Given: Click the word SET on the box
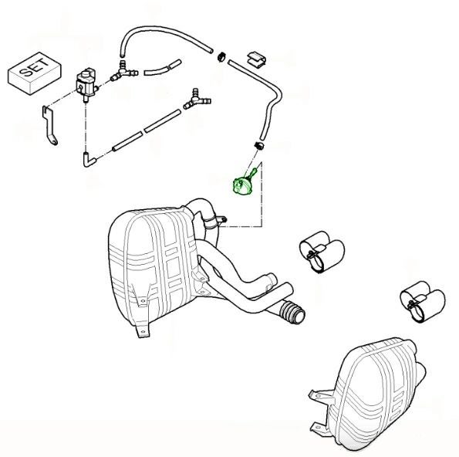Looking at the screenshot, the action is (33, 67).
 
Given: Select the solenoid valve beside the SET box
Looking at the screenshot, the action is (86, 85).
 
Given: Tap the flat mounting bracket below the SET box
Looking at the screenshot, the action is (49, 125).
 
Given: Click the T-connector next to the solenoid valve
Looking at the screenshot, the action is (123, 72).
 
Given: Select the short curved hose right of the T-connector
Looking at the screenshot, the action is (163, 68).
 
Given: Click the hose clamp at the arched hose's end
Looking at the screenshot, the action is (221, 56).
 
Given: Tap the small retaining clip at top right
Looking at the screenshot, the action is (256, 59).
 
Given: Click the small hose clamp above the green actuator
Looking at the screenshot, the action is (258, 145).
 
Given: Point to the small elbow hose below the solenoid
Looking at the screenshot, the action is (89, 160).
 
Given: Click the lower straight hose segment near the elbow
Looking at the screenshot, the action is (127, 142).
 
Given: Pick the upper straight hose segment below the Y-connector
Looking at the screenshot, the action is (163, 121).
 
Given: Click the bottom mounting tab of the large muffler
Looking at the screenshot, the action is (143, 331).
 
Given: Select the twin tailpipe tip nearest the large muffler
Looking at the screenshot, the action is (322, 252).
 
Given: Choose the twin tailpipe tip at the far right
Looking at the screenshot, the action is (423, 302).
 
